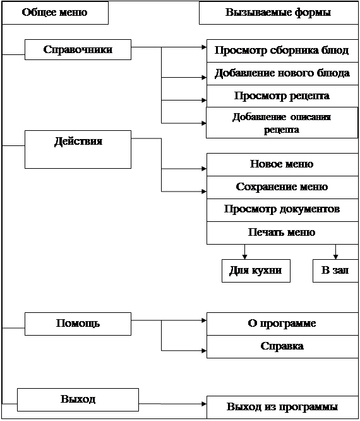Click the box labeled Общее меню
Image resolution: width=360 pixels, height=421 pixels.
click(x=55, y=13)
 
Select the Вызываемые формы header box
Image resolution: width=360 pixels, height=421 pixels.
click(x=279, y=13)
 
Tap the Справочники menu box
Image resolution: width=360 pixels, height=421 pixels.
click(x=78, y=50)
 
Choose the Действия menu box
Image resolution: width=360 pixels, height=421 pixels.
click(x=78, y=150)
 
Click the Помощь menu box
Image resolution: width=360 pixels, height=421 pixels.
click(x=78, y=324)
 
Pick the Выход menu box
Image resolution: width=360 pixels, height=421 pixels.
click(x=78, y=400)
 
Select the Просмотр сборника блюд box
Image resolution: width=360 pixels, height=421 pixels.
click(x=282, y=51)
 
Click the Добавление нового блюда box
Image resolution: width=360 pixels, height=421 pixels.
click(x=282, y=74)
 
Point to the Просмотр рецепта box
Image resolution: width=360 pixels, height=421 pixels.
click(x=282, y=96)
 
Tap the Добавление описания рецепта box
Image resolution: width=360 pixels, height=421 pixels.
click(x=282, y=123)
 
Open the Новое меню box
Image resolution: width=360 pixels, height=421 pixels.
click(x=282, y=164)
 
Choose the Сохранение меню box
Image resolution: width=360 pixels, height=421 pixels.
click(x=282, y=187)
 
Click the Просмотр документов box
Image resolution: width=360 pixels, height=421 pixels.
click(x=282, y=210)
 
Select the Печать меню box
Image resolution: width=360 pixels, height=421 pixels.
click(x=282, y=233)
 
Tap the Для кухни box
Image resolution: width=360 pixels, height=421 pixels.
click(x=256, y=271)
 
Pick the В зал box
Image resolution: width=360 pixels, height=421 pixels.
click(x=335, y=271)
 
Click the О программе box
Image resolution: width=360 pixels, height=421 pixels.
click(x=282, y=324)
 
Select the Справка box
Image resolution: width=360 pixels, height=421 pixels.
click(x=282, y=346)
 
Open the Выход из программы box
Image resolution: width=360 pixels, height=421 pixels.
click(x=282, y=407)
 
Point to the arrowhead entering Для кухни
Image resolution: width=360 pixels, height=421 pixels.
click(x=244, y=257)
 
